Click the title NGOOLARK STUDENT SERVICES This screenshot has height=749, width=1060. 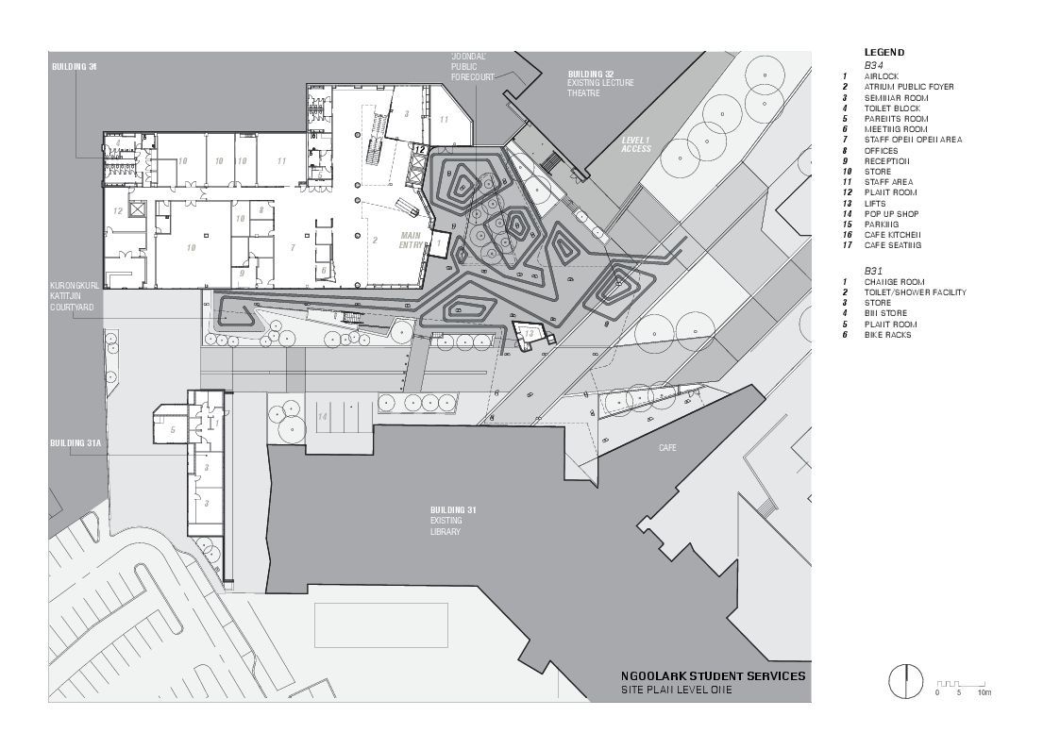pyautogui.click(x=713, y=675)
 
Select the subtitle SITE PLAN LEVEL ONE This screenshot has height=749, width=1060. pyautogui.click(x=675, y=691)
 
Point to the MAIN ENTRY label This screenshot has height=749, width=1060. pyautogui.click(x=412, y=241)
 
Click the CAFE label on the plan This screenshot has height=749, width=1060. pyautogui.click(x=667, y=448)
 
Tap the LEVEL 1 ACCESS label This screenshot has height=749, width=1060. pyautogui.click(x=636, y=144)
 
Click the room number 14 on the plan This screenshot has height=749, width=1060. pyautogui.click(x=322, y=416)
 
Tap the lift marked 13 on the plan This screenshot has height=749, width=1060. pyautogui.click(x=529, y=334)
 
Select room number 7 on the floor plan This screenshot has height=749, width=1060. pyautogui.click(x=294, y=247)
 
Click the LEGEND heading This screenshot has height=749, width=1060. pyautogui.click(x=883, y=52)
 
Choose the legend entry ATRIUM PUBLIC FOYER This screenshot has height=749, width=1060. pyautogui.click(x=908, y=87)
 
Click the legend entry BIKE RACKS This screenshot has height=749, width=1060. pyautogui.click(x=887, y=335)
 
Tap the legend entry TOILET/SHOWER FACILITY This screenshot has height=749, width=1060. pyautogui.click(x=915, y=292)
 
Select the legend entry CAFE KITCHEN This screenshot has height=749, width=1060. pyautogui.click(x=892, y=235)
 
